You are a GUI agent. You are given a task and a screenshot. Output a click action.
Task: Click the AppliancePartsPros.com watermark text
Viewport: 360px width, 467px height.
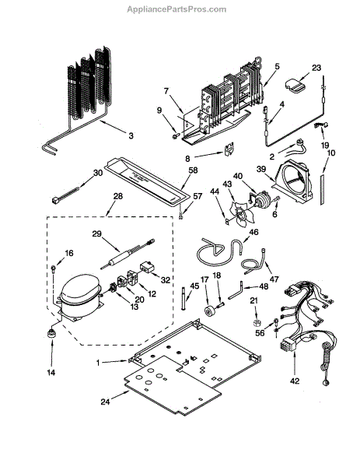tap(177, 9)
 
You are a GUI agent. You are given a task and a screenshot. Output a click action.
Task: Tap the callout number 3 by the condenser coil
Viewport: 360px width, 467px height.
tap(131, 136)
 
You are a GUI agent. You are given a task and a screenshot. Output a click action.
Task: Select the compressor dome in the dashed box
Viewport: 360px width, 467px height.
tap(80, 289)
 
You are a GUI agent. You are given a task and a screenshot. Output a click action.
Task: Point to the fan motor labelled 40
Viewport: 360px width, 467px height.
tap(262, 198)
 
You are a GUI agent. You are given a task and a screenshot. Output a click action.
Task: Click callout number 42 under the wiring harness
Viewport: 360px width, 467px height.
tap(295, 381)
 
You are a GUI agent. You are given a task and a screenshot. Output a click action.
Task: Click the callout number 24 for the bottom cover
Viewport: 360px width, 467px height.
tap(105, 402)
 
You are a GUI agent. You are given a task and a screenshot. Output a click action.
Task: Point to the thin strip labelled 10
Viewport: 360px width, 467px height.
tap(323, 189)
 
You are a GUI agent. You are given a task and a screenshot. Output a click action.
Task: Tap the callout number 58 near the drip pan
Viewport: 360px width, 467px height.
tap(193, 170)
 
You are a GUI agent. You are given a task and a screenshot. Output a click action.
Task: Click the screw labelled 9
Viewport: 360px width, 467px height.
tap(175, 136)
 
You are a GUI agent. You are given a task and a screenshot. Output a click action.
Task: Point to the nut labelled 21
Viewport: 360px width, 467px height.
tap(256, 322)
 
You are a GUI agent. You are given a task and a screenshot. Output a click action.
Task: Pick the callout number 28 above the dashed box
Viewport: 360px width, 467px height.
tap(118, 196)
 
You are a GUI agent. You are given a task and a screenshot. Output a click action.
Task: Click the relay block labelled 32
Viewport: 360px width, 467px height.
tap(147, 266)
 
